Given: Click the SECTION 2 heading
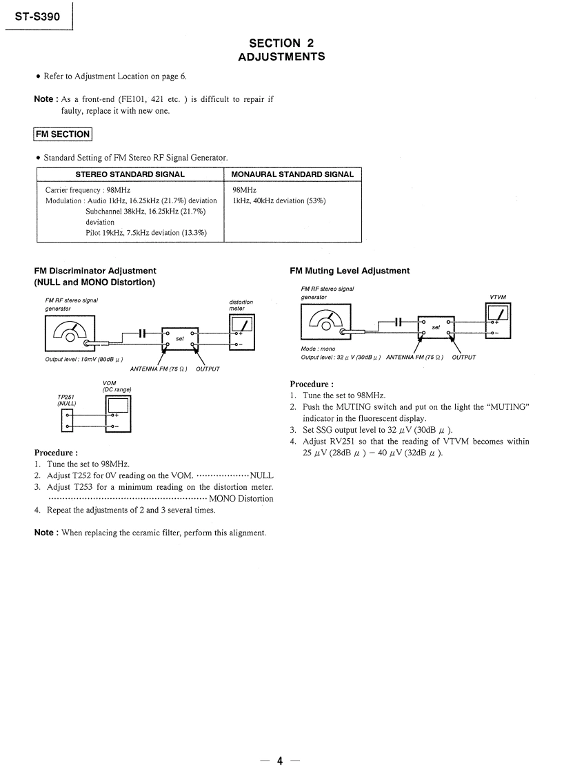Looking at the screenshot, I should tap(281, 43).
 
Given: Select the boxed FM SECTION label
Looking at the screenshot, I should tap(63, 134).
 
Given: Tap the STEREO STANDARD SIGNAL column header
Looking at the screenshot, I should tap(130, 174).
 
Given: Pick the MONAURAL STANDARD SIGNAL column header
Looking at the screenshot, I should tap(292, 174).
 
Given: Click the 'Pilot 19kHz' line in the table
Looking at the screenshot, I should tap(145, 233).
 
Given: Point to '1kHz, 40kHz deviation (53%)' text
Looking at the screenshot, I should tap(279, 200).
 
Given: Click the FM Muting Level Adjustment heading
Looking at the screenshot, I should tap(350, 271).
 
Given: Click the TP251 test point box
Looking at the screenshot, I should tap(68, 420).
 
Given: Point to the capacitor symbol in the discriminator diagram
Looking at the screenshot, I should tap(141, 333).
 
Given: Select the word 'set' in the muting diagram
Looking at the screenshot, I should tap(436, 327).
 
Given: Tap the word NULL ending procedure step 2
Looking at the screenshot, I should tap(261, 475).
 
